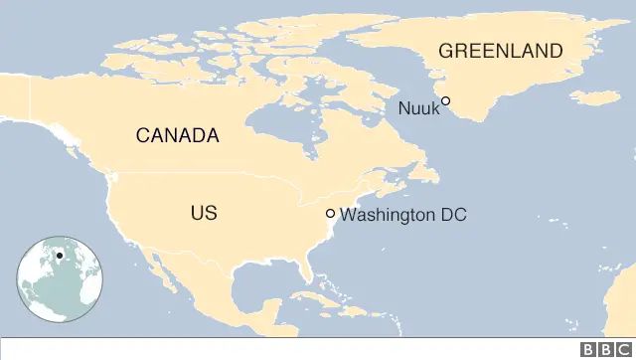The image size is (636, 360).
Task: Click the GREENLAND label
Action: point(500,51)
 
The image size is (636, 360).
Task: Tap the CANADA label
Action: point(177,135)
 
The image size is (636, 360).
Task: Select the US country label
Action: point(204,213)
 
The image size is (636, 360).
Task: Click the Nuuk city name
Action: point(417,108)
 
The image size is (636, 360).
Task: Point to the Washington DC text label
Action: point(402,214)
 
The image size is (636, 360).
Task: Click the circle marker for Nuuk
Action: point(446,100)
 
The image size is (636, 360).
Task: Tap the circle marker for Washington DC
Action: point(330,214)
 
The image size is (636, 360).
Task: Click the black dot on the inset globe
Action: point(60,256)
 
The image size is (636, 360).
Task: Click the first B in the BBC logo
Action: point(588,349)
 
